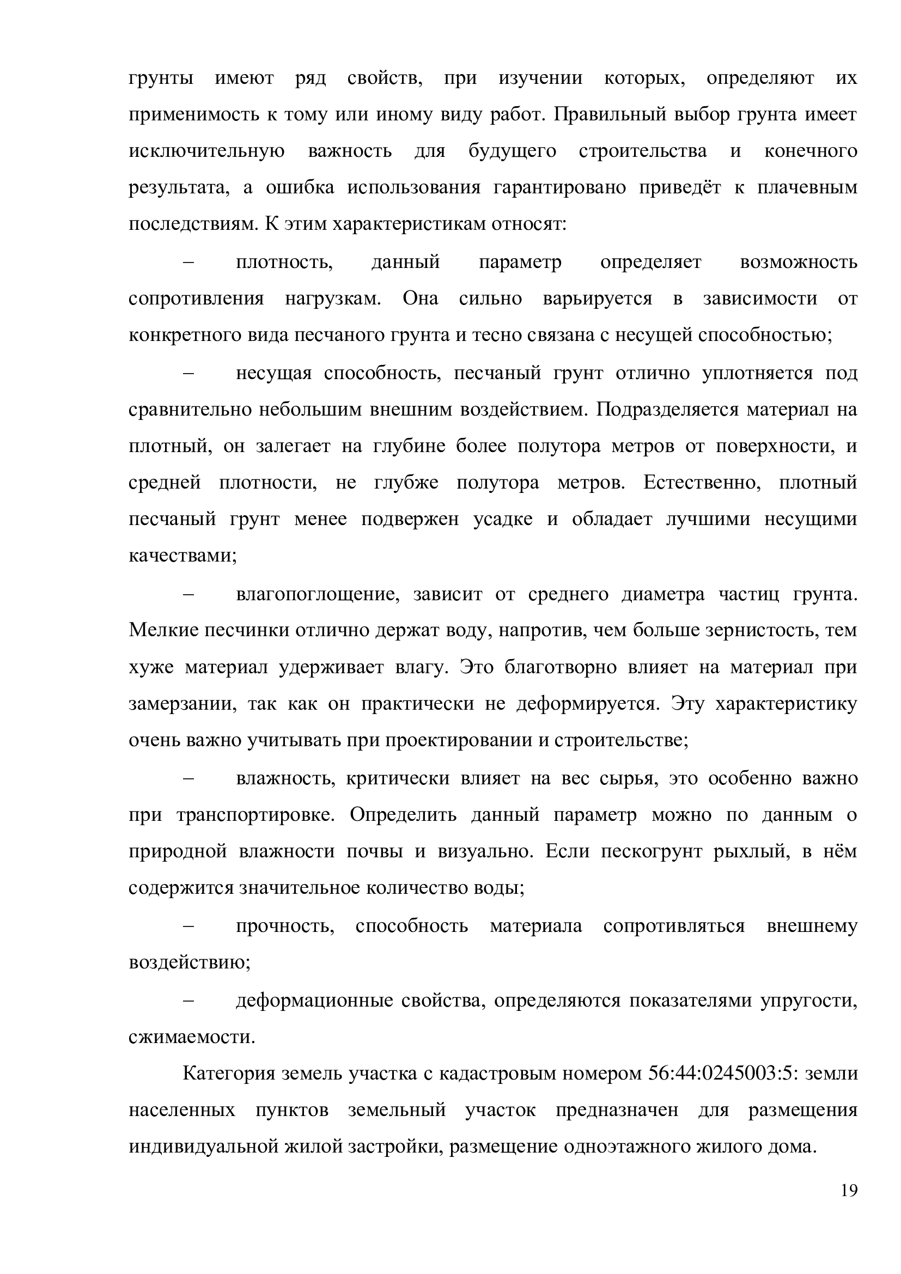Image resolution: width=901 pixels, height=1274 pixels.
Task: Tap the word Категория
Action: click(x=229, y=1074)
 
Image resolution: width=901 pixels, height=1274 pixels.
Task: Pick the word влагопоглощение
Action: click(x=318, y=594)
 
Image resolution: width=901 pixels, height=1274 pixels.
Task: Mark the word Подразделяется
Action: click(x=666, y=410)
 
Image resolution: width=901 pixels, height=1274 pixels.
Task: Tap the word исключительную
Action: click(x=206, y=151)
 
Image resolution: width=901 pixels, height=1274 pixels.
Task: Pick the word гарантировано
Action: click(x=559, y=188)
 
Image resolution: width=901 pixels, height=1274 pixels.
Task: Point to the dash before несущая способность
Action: click(x=188, y=373)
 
